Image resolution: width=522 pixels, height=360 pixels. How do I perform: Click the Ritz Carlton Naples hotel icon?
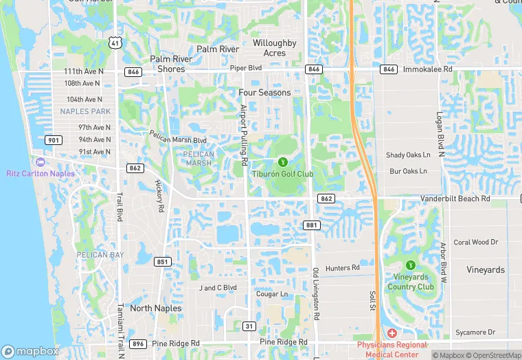[x=40, y=161]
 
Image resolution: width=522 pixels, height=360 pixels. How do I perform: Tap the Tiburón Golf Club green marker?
[x=282, y=162]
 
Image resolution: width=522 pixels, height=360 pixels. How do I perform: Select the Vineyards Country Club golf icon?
[x=411, y=265]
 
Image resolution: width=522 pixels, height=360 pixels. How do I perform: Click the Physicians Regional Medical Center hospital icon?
[x=391, y=333]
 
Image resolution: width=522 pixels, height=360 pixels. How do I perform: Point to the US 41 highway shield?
[x=115, y=43]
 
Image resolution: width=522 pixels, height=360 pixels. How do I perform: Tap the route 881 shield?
[x=312, y=225]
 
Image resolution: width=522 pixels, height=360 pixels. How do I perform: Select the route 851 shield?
[x=163, y=261]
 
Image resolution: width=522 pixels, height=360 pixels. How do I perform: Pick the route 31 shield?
[x=249, y=326]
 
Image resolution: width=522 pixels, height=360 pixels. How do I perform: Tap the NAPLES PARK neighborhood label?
[x=85, y=111]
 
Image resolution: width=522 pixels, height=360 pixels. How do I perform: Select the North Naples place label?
[x=156, y=308]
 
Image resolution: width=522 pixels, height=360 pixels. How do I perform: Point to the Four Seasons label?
[x=264, y=92]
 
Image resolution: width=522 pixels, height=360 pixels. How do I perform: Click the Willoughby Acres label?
[x=274, y=48]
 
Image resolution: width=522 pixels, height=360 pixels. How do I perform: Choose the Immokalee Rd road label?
[x=427, y=69]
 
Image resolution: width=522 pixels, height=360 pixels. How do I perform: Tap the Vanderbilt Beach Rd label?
[x=455, y=199]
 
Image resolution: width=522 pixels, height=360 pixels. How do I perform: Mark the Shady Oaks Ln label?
[x=408, y=155]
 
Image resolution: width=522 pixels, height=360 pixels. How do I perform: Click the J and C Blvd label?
[x=218, y=287]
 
